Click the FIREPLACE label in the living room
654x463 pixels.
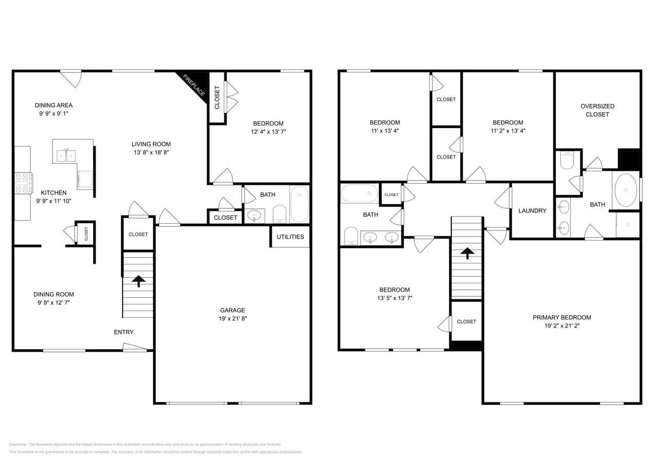click(x=194, y=85)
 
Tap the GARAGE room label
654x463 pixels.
click(x=232, y=310)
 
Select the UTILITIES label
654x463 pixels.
click(x=290, y=237)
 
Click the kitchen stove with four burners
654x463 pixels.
click(x=24, y=183)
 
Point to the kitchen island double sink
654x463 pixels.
click(x=66, y=155)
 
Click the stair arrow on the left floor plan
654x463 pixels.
click(x=138, y=281)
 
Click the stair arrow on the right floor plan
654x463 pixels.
click(x=467, y=253)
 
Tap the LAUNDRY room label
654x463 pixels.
click(x=532, y=211)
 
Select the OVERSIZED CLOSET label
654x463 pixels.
click(x=597, y=110)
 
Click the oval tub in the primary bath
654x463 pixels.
click(x=625, y=190)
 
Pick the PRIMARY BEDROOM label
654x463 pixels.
click(x=561, y=317)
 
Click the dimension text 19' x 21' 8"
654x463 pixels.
click(x=232, y=318)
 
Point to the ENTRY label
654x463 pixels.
click(x=123, y=332)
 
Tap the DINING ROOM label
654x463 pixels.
click(x=53, y=294)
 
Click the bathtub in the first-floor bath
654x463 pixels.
click(x=299, y=204)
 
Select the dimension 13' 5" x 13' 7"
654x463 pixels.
click(x=394, y=298)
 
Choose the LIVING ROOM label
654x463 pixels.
click(x=151, y=144)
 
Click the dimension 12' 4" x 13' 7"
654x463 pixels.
click(x=268, y=132)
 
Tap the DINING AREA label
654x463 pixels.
click(x=53, y=105)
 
